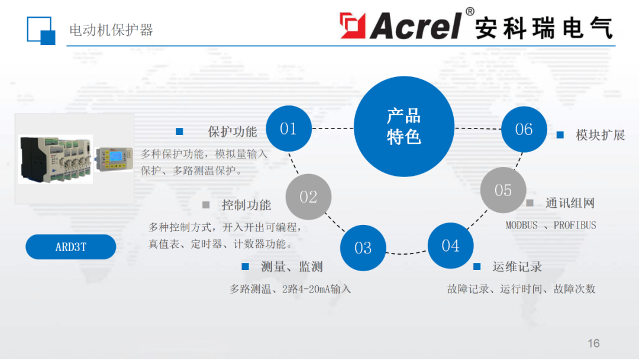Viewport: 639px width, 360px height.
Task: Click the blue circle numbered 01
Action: (x=289, y=128)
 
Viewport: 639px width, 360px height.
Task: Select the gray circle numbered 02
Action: (x=308, y=197)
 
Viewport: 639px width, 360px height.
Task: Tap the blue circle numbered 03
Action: (x=363, y=247)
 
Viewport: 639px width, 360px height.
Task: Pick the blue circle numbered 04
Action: (x=450, y=245)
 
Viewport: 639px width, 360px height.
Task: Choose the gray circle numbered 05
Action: (x=503, y=190)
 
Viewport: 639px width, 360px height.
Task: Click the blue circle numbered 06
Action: (x=524, y=129)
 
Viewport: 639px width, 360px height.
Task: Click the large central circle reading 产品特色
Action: (x=404, y=126)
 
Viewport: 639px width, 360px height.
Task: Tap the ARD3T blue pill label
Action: (x=70, y=247)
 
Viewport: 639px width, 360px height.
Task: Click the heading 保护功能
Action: (x=233, y=131)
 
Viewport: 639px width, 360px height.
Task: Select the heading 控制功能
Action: (x=246, y=205)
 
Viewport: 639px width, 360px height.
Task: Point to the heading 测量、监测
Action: (x=292, y=267)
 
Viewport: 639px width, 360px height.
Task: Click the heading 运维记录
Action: (x=517, y=267)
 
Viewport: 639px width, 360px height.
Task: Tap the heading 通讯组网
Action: (x=570, y=203)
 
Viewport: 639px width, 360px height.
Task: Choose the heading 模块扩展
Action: (x=601, y=135)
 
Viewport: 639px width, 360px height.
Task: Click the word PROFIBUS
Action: (x=575, y=225)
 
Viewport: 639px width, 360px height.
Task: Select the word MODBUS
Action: (x=521, y=225)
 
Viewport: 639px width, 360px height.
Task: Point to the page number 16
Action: (x=593, y=343)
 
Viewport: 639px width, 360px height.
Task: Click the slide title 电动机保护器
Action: (x=111, y=30)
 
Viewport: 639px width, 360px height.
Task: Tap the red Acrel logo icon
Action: (x=353, y=25)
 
